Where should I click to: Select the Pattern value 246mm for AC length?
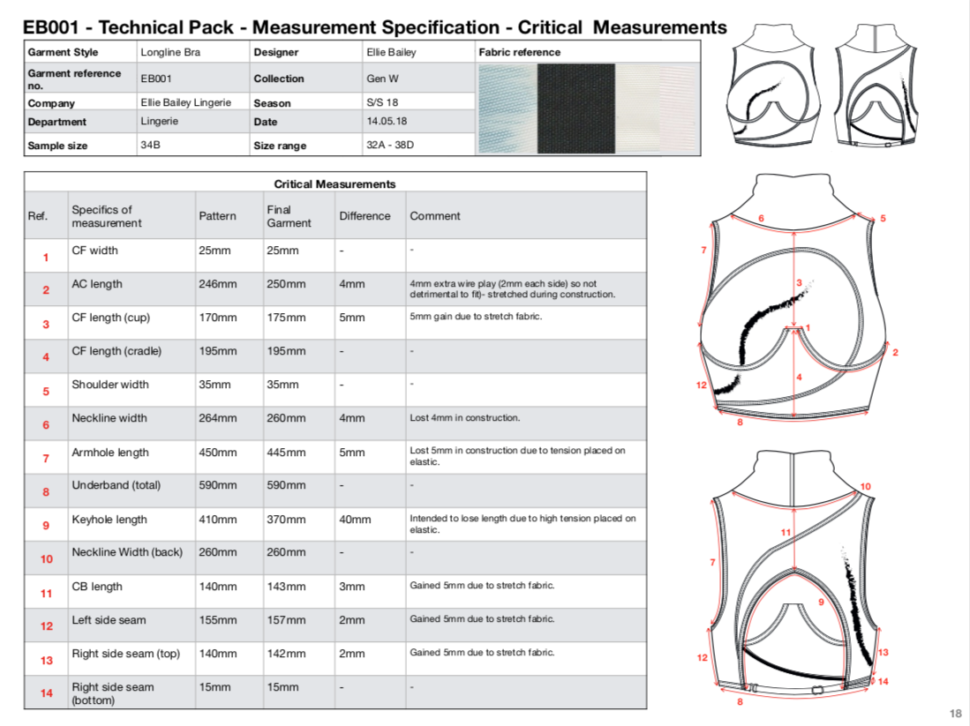tap(218, 284)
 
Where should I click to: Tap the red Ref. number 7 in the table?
tap(46, 458)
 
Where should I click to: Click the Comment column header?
tap(435, 216)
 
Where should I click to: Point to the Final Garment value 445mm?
tap(286, 453)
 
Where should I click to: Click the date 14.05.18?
tap(387, 121)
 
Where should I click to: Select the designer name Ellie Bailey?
tap(391, 53)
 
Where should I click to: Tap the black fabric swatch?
tap(576, 109)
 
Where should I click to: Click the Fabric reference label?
tap(520, 53)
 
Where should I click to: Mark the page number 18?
tap(956, 714)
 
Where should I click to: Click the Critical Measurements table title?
tap(335, 184)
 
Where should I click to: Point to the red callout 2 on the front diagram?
tap(895, 353)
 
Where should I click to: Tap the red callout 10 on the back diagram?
tap(866, 487)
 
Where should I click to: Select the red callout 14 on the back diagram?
tap(883, 682)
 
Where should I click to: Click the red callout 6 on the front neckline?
tap(761, 218)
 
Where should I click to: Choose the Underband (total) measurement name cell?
tap(117, 485)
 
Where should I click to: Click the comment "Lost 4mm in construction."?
tap(464, 418)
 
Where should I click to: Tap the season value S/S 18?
tap(382, 102)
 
